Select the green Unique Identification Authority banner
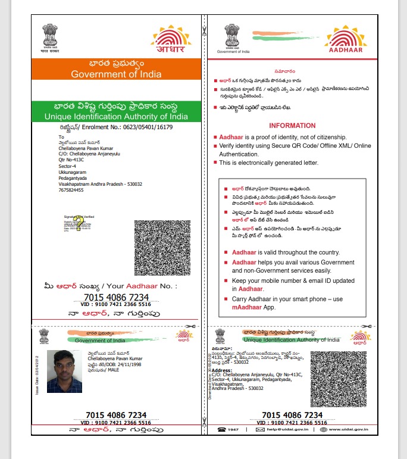point(116,111)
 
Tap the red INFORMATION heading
point(292,126)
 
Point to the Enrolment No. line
point(116,127)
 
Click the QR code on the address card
point(339,379)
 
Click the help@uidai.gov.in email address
point(289,429)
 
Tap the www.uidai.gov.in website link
point(352,429)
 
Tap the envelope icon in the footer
point(259,429)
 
